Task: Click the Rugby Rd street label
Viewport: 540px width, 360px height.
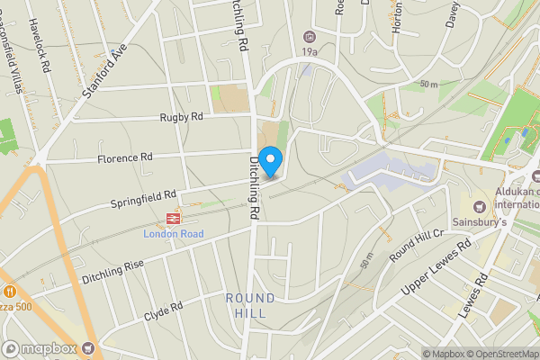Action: point(181,117)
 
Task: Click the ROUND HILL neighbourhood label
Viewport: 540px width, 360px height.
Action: point(246,305)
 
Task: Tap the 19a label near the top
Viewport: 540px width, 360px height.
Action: point(310,52)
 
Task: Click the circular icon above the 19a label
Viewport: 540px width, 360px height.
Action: point(310,36)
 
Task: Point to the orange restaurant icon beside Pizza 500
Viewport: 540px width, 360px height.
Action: point(9,292)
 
